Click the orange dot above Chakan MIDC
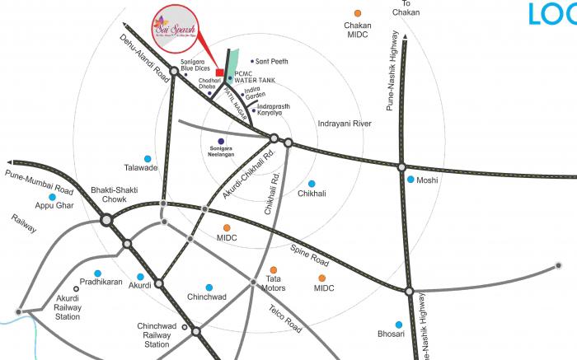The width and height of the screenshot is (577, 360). (x=357, y=14)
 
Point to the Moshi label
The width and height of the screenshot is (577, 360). (x=427, y=180)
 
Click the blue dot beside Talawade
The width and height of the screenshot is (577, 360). (x=148, y=158)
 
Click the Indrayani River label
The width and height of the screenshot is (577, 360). (x=344, y=123)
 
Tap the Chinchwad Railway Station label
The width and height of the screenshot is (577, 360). (x=157, y=334)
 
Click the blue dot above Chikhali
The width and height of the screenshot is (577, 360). (x=312, y=183)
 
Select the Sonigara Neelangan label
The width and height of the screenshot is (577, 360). (x=221, y=152)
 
